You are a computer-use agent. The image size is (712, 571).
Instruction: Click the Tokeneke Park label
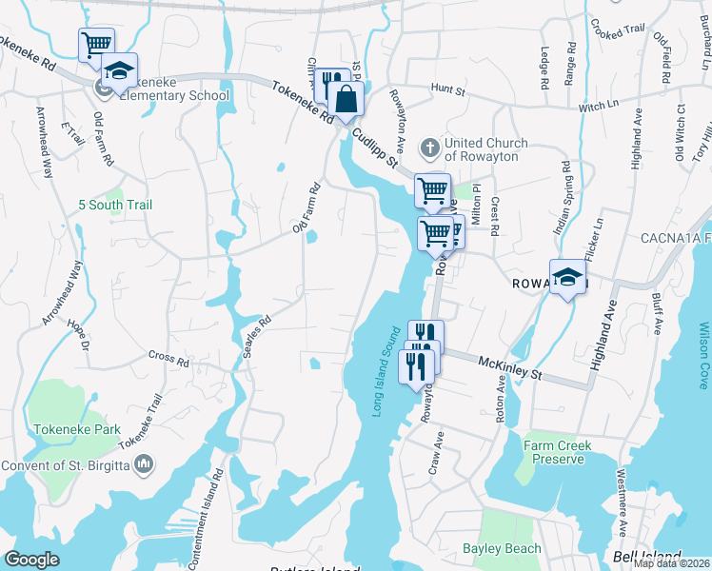pos(78,429)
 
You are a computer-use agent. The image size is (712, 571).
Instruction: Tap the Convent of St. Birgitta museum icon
pos(145,463)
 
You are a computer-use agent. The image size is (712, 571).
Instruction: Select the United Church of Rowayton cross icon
pos(430,148)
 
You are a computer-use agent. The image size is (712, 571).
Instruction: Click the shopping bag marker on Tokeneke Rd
pos(347,98)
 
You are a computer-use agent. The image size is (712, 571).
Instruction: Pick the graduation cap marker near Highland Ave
pos(568,278)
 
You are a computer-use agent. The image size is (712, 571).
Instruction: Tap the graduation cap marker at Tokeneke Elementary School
pos(119,71)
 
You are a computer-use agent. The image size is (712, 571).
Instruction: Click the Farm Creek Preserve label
pos(557,452)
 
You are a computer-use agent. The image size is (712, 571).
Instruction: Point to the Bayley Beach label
pos(502,548)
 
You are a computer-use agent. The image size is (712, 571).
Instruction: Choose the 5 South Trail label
pos(116,205)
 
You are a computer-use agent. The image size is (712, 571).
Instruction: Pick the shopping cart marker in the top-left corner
pos(96,44)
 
